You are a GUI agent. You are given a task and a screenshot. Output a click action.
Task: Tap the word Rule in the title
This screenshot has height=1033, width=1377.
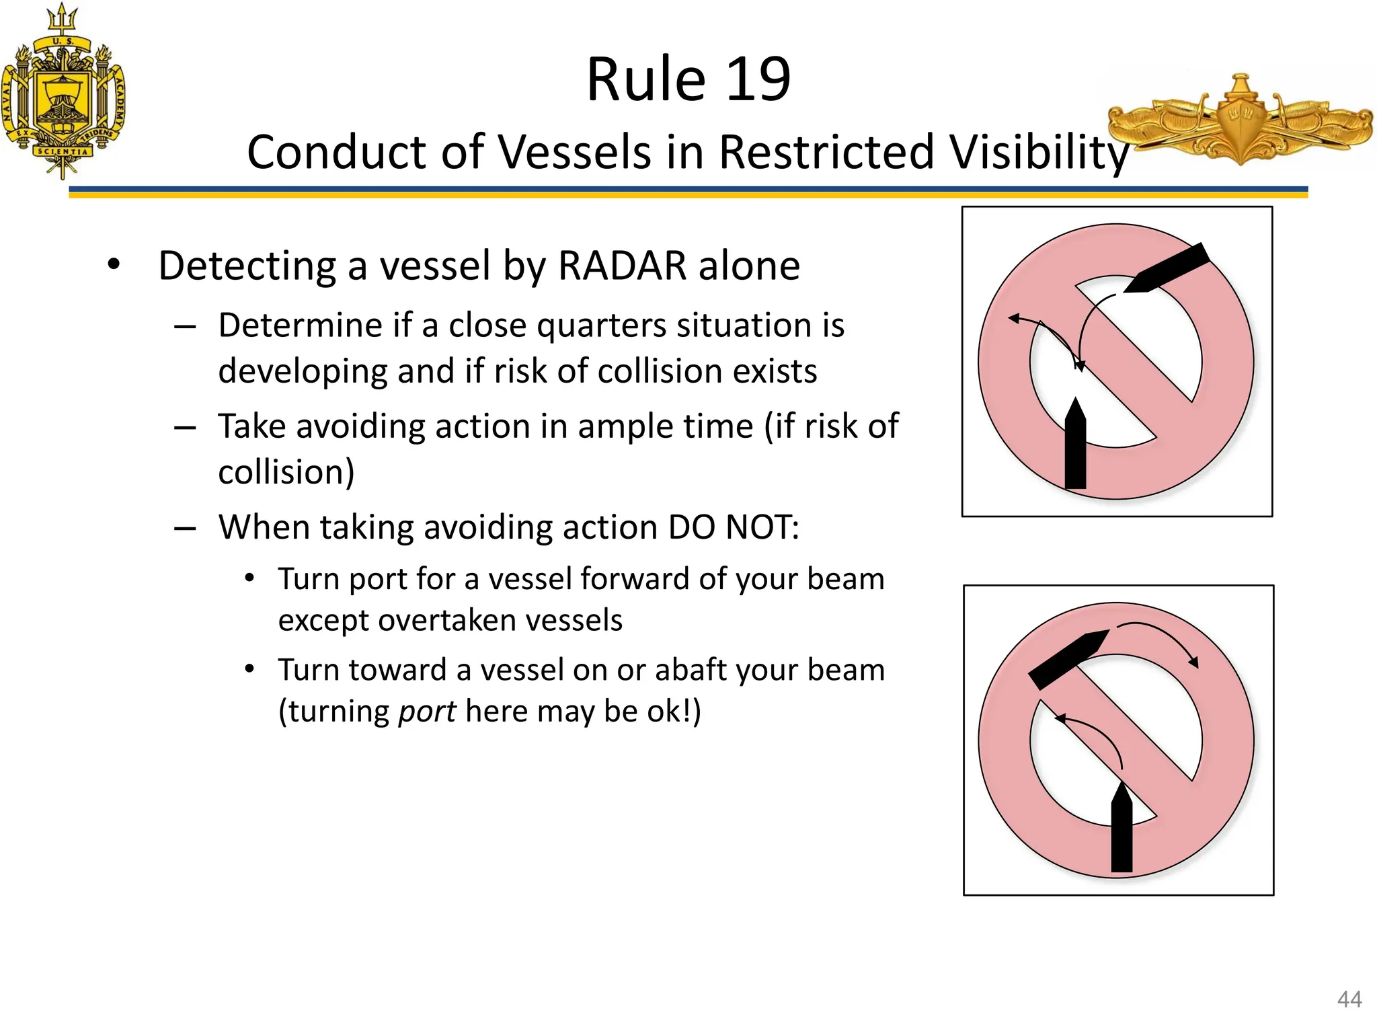[645, 79]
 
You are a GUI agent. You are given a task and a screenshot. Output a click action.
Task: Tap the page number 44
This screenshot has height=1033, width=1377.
[1349, 999]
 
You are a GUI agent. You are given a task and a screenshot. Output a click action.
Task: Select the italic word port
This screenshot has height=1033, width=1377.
[427, 712]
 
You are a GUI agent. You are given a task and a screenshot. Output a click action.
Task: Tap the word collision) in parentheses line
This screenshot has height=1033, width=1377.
[286, 471]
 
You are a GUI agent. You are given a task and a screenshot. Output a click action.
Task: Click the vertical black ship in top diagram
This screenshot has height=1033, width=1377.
[1076, 447]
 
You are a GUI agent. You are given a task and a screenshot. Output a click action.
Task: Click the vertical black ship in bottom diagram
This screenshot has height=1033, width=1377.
[1122, 831]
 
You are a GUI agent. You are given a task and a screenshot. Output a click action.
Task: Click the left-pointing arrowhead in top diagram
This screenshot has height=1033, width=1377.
[1014, 319]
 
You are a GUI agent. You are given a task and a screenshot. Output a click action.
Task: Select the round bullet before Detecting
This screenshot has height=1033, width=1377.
[114, 265]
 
